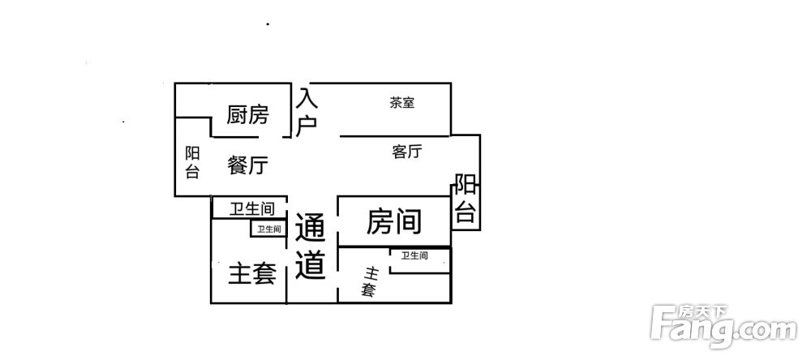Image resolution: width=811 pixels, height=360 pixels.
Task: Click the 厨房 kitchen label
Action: coord(247,115)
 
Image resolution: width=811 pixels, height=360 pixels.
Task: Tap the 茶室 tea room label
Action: coord(402,103)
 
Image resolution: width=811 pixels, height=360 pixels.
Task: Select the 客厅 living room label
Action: coord(407,152)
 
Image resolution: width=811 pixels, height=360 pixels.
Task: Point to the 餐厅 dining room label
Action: coord(247,165)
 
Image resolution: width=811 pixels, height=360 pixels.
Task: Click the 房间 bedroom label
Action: coord(393,222)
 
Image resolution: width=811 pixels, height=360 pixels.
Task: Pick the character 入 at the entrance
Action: coord(307,98)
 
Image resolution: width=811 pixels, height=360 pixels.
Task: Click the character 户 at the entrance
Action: coord(307,126)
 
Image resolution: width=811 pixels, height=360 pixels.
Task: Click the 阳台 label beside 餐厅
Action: coord(192,163)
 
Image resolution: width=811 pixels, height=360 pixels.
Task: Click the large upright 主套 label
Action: coord(252,273)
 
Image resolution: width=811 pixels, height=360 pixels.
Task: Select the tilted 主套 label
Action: coord(370,281)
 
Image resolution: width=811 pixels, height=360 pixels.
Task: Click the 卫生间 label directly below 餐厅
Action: coord(252,209)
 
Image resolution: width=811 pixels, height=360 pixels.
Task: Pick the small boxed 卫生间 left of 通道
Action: coord(269,229)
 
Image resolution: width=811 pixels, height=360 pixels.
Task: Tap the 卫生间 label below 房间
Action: coord(415,255)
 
